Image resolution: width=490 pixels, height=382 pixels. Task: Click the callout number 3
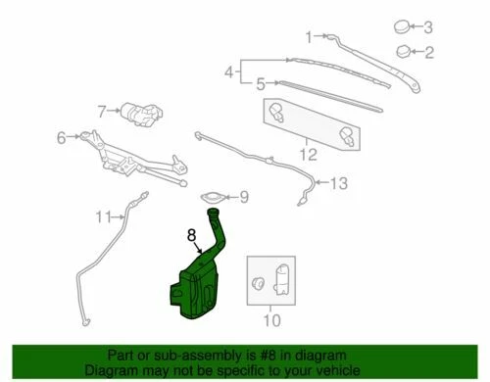click(426, 26)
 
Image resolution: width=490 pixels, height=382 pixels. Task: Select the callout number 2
click(427, 51)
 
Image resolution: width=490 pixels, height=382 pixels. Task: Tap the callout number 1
click(308, 37)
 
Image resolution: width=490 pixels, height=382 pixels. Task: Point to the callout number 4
click(229, 72)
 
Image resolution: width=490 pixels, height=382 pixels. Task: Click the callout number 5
click(261, 83)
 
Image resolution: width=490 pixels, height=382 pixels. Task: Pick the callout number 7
click(101, 111)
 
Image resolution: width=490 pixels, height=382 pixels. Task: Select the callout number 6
click(61, 137)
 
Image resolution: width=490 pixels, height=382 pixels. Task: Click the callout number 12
click(306, 154)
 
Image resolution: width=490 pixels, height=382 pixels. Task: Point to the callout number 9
click(244, 197)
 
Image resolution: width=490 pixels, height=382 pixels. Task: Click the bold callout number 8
click(192, 235)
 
